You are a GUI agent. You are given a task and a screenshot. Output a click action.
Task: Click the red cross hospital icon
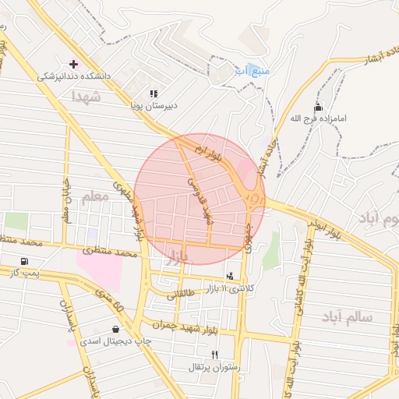point(74,64)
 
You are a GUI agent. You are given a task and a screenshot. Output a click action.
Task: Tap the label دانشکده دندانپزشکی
point(76,77)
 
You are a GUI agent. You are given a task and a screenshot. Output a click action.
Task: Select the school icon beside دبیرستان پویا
point(154,94)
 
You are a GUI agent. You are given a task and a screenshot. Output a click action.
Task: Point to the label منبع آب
point(253,71)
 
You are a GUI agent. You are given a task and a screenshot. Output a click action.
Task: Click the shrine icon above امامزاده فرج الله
point(317,107)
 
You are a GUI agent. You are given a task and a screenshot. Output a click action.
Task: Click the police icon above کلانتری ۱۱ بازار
point(229,276)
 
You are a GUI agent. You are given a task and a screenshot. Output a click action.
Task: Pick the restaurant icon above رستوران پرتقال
point(205,354)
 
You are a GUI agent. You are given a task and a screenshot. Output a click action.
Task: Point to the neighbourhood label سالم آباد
point(347,316)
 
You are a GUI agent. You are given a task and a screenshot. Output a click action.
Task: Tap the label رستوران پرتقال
point(206,366)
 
